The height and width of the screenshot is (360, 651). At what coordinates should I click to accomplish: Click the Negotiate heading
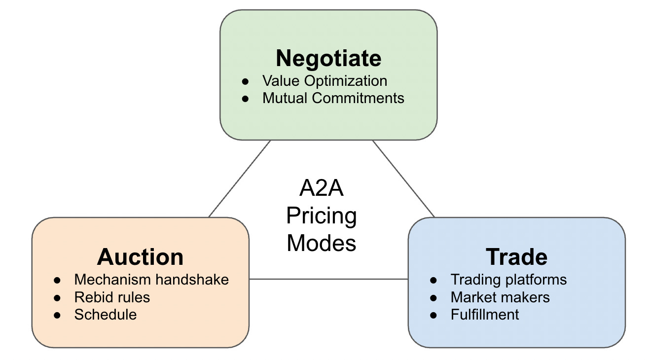point(328,58)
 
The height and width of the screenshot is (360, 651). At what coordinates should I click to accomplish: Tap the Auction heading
point(140,257)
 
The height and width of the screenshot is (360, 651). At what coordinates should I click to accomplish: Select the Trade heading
point(516,257)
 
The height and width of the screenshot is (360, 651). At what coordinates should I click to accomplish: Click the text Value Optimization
point(325,81)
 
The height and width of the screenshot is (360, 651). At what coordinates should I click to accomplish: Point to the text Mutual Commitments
point(333,98)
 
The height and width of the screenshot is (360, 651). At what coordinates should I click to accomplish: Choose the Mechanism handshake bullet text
point(151,280)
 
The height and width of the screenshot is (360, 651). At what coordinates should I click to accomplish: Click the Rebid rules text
point(112,297)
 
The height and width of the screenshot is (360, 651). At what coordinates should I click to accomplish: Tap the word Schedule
point(105,315)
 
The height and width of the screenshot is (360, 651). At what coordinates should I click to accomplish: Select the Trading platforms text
point(508,280)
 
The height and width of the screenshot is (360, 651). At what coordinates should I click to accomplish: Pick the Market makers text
point(500,297)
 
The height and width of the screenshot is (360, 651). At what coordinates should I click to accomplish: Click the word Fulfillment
point(485,315)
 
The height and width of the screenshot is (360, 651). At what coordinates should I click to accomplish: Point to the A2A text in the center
point(321,190)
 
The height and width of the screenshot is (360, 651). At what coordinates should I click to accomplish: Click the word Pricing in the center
point(322,216)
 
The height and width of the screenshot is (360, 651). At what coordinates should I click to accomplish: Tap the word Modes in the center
point(322,243)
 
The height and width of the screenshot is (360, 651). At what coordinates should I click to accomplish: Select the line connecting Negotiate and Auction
point(240,179)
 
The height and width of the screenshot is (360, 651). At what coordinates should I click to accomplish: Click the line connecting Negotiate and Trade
point(403,179)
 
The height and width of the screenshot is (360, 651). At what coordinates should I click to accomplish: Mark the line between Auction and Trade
point(328,279)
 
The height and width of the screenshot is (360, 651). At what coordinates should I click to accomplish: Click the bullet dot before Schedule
point(58,315)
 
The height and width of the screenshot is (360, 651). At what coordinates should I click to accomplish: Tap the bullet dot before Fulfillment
point(434,315)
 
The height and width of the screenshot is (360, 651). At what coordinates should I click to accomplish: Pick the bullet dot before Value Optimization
point(246,81)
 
